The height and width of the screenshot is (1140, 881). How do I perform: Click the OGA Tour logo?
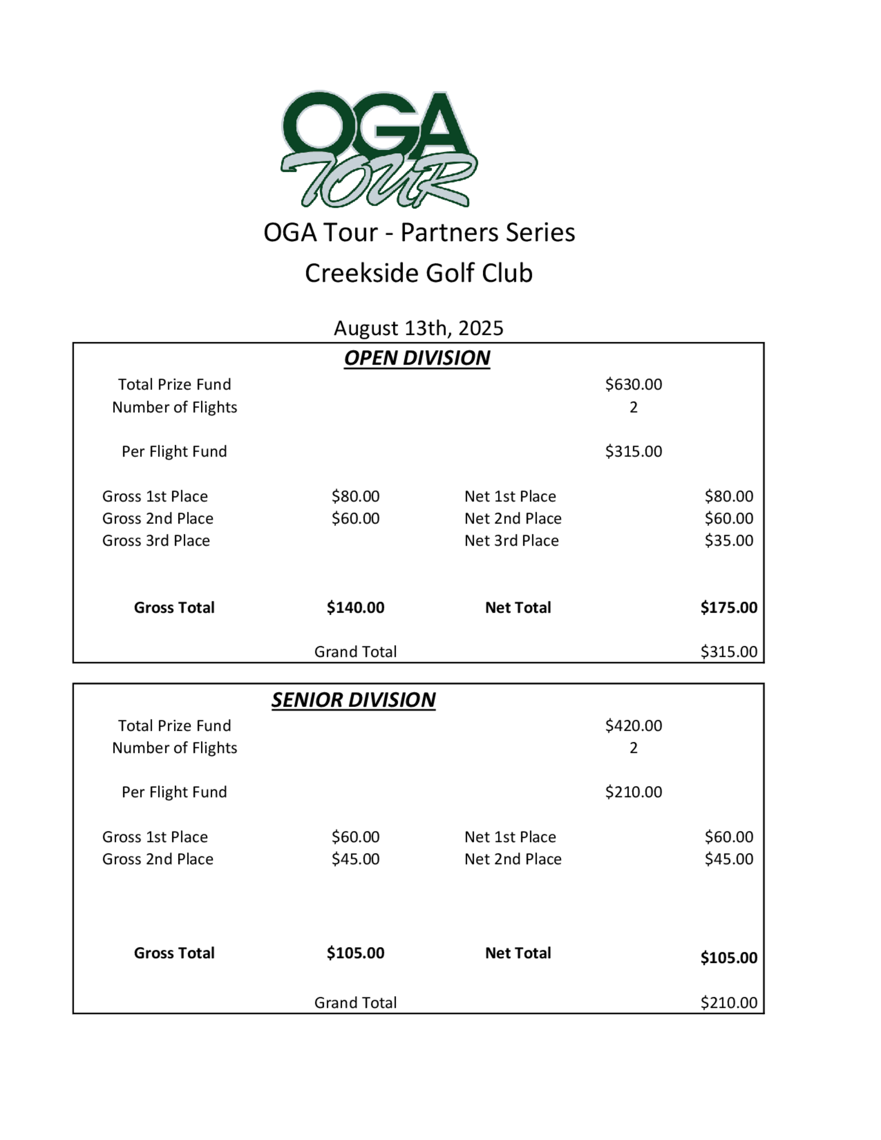[x=378, y=149]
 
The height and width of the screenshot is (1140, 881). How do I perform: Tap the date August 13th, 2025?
[x=418, y=328]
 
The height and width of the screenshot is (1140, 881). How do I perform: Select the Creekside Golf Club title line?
[x=418, y=273]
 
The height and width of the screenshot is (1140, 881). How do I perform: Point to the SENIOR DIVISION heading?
[x=353, y=700]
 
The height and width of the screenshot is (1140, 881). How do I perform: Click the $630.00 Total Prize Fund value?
[x=633, y=384]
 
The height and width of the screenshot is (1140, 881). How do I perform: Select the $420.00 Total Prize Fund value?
[x=633, y=725]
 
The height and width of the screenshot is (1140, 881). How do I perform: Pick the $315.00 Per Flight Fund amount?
[x=633, y=451]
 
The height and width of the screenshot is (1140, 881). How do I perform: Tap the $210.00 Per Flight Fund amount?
[x=633, y=792]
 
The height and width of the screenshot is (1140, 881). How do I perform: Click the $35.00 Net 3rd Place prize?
[x=729, y=540]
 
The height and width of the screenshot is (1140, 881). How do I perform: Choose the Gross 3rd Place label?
[x=156, y=540]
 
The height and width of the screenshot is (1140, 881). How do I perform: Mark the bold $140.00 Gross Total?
[x=355, y=607]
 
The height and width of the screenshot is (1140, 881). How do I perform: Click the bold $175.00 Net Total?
[x=729, y=607]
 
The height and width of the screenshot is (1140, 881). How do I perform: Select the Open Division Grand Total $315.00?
[x=729, y=651]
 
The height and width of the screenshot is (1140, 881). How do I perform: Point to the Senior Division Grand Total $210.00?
[x=729, y=1003]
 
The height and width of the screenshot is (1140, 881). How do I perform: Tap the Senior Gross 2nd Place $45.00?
[x=355, y=859]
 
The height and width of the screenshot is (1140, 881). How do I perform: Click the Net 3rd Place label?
[x=511, y=540]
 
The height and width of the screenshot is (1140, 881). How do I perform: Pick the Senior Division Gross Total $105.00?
[x=355, y=953]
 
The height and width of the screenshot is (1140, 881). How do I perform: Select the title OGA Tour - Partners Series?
[x=418, y=232]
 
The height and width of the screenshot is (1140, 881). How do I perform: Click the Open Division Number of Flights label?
[x=174, y=407]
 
